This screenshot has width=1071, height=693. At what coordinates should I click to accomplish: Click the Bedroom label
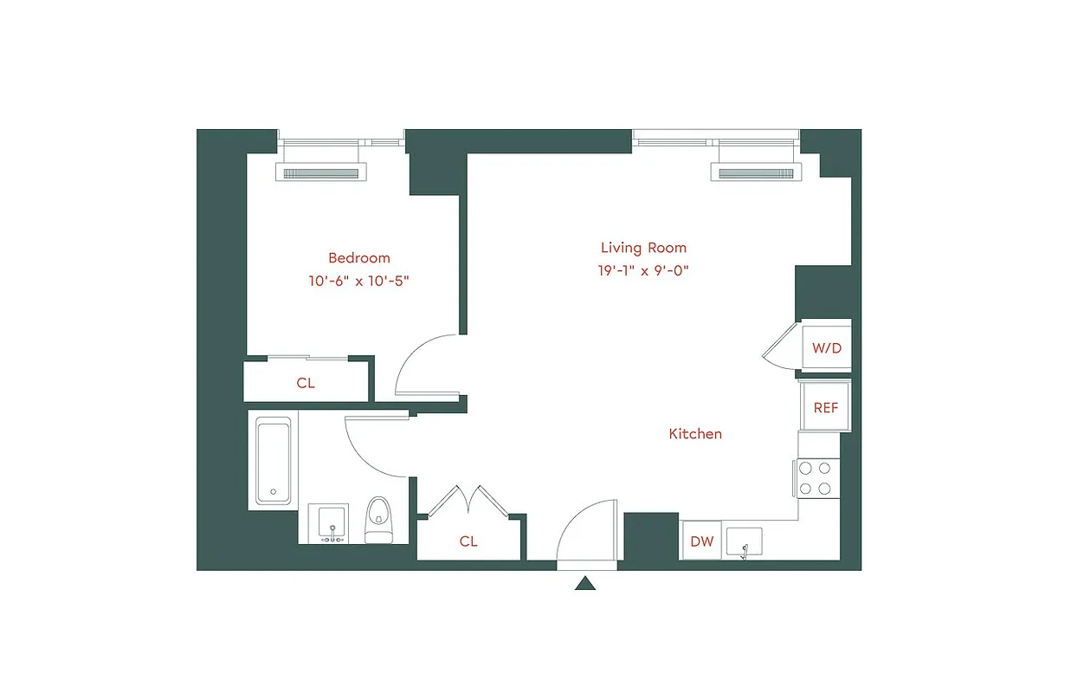tap(358, 257)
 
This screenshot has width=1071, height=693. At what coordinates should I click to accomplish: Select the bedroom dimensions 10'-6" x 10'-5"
tap(358, 281)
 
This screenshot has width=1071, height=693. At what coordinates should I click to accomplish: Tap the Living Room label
tap(642, 248)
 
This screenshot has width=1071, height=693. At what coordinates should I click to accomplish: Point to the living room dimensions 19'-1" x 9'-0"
tap(642, 270)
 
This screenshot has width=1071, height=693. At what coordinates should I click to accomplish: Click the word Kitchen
tap(695, 433)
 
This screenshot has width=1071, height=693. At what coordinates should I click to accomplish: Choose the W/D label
tap(826, 348)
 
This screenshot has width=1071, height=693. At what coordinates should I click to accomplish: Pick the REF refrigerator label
tap(825, 407)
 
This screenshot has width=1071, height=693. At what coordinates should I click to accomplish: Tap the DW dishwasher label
tap(701, 541)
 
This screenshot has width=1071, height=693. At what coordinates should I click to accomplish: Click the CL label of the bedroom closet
tap(306, 382)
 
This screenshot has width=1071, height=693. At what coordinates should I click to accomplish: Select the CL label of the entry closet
tap(468, 541)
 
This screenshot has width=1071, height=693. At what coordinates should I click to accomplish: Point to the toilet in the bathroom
tap(378, 520)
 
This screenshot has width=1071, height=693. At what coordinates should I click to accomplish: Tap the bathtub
tap(273, 462)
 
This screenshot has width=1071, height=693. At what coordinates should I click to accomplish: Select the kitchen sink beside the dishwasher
tap(744, 541)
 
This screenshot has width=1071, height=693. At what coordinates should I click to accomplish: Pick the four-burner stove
tap(816, 478)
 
